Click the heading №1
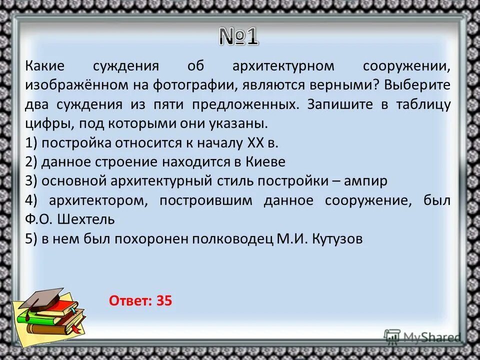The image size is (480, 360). point(238,36)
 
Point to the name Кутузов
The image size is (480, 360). point(337,239)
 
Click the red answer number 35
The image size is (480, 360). point(164,300)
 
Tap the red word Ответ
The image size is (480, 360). point(130,300)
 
